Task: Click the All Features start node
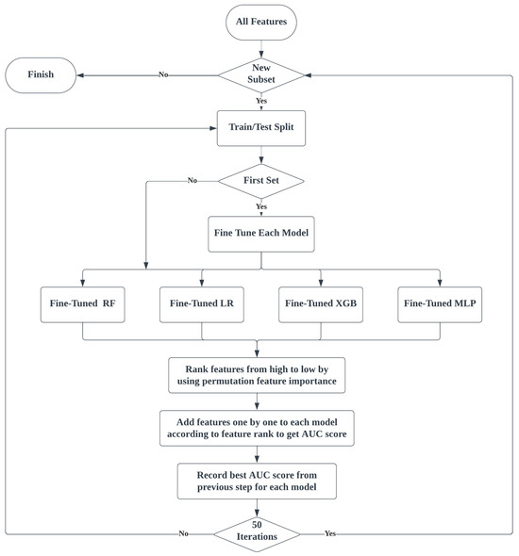point(261,22)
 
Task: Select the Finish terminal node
point(41,75)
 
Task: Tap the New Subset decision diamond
point(261,75)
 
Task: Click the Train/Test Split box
point(261,128)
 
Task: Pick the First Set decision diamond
point(261,181)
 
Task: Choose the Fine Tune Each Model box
point(261,234)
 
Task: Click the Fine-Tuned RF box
point(83,304)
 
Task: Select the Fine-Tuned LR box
point(202,304)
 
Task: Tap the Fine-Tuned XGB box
point(321,304)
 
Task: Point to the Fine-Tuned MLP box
point(440,304)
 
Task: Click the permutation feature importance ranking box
point(257,375)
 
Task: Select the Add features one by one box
point(257,428)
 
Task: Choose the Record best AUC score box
point(257,481)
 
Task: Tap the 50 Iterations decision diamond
point(257,534)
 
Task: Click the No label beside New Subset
point(163,74)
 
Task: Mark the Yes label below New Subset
point(261,101)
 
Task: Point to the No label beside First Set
point(193,180)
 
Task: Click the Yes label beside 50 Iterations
point(330,533)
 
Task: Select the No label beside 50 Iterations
point(183,533)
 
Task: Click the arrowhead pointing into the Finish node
point(80,75)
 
